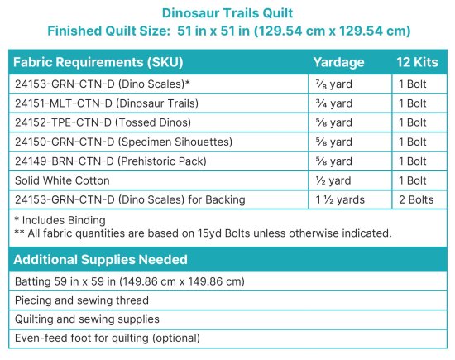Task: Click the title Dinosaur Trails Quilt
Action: pos(227,14)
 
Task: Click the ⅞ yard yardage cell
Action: pos(333,84)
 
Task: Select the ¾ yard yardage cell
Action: pos(333,103)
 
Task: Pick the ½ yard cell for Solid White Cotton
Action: pos(333,180)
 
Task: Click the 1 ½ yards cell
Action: pos(340,199)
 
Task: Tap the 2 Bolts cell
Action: pos(415,199)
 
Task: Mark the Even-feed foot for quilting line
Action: pos(108,338)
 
